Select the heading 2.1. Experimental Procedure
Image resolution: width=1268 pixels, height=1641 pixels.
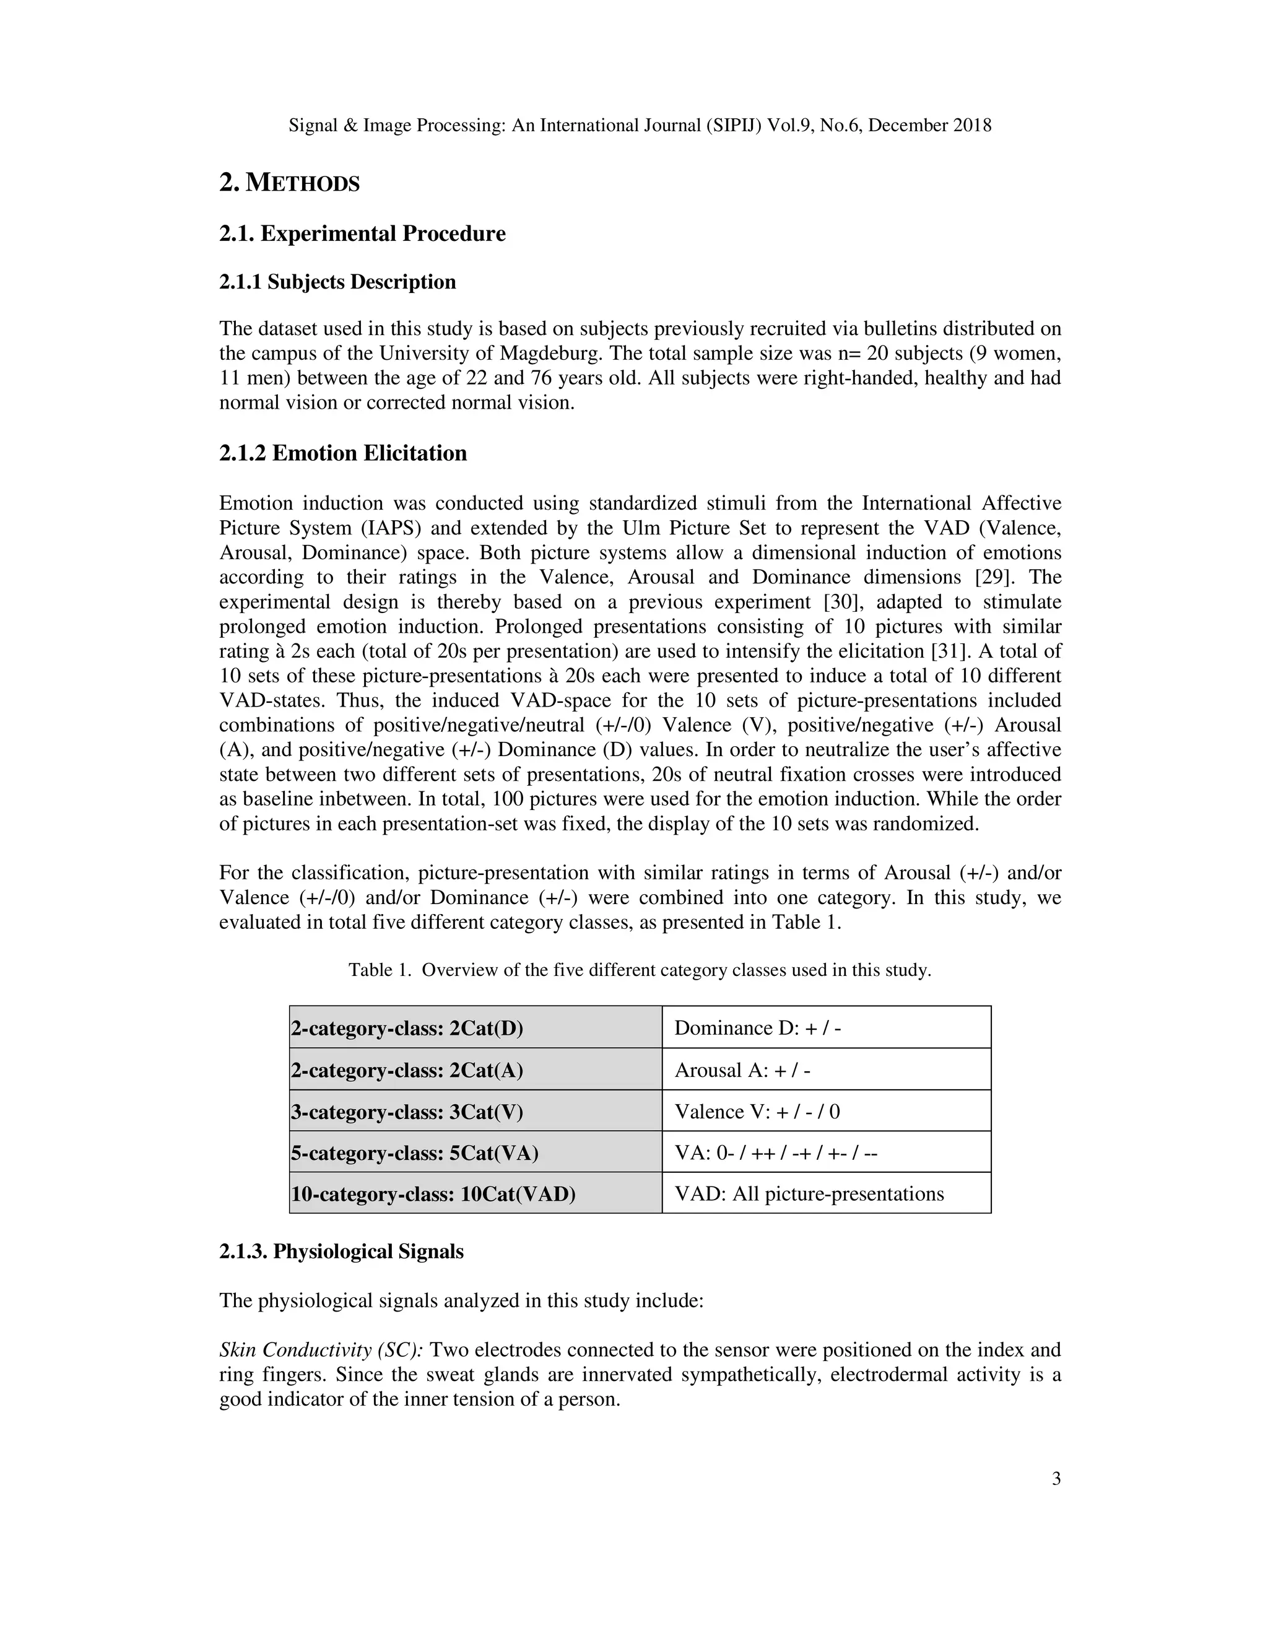tap(362, 233)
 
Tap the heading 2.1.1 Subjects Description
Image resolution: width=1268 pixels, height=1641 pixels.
tap(337, 282)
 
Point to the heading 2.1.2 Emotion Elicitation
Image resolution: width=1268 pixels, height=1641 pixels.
tap(342, 453)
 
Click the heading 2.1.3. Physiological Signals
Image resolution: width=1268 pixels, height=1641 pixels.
tap(341, 1251)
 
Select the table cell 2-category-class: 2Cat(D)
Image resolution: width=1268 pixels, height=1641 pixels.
tap(406, 1028)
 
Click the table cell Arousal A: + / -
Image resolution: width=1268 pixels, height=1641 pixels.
tap(742, 1070)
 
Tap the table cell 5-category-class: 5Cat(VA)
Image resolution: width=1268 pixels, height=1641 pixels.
tap(415, 1152)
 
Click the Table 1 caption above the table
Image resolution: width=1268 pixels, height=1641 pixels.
tap(639, 970)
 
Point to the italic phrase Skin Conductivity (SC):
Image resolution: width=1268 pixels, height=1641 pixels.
tap(321, 1349)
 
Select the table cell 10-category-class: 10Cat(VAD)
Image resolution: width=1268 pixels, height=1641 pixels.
tap(433, 1194)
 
